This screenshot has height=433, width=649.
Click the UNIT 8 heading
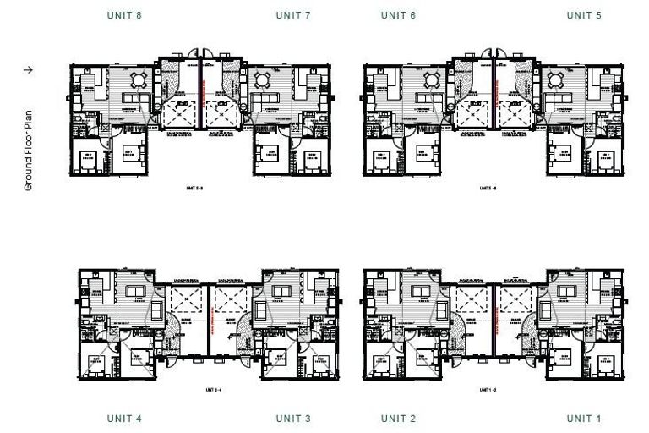[x=124, y=15]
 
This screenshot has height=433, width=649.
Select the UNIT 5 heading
[x=584, y=15]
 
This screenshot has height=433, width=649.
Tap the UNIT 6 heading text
[x=399, y=15]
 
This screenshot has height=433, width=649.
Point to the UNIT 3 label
[x=293, y=419]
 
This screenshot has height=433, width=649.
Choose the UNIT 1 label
[x=584, y=419]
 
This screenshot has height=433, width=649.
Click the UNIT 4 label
[x=124, y=419]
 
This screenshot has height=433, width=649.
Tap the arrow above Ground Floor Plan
[x=28, y=70]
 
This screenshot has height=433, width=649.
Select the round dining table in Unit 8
[x=138, y=81]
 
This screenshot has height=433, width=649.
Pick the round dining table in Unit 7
[x=262, y=81]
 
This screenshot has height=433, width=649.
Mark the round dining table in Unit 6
[x=432, y=81]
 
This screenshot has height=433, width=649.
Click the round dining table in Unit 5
[x=556, y=81]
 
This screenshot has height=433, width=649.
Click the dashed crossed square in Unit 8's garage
[x=178, y=112]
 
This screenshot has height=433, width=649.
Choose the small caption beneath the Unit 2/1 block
[x=494, y=390]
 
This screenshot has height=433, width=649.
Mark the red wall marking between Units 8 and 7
[x=199, y=93]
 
